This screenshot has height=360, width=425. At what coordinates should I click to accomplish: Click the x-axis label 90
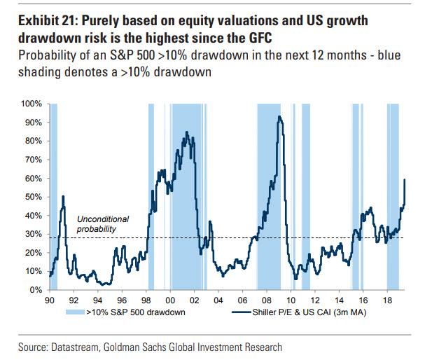click(x=50, y=299)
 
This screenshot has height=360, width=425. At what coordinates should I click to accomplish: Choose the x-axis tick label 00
click(x=168, y=299)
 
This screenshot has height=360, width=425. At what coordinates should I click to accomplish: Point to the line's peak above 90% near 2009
click(x=280, y=117)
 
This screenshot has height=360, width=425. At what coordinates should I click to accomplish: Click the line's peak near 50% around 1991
click(x=63, y=197)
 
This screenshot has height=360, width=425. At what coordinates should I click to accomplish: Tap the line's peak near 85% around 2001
click(x=186, y=132)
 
